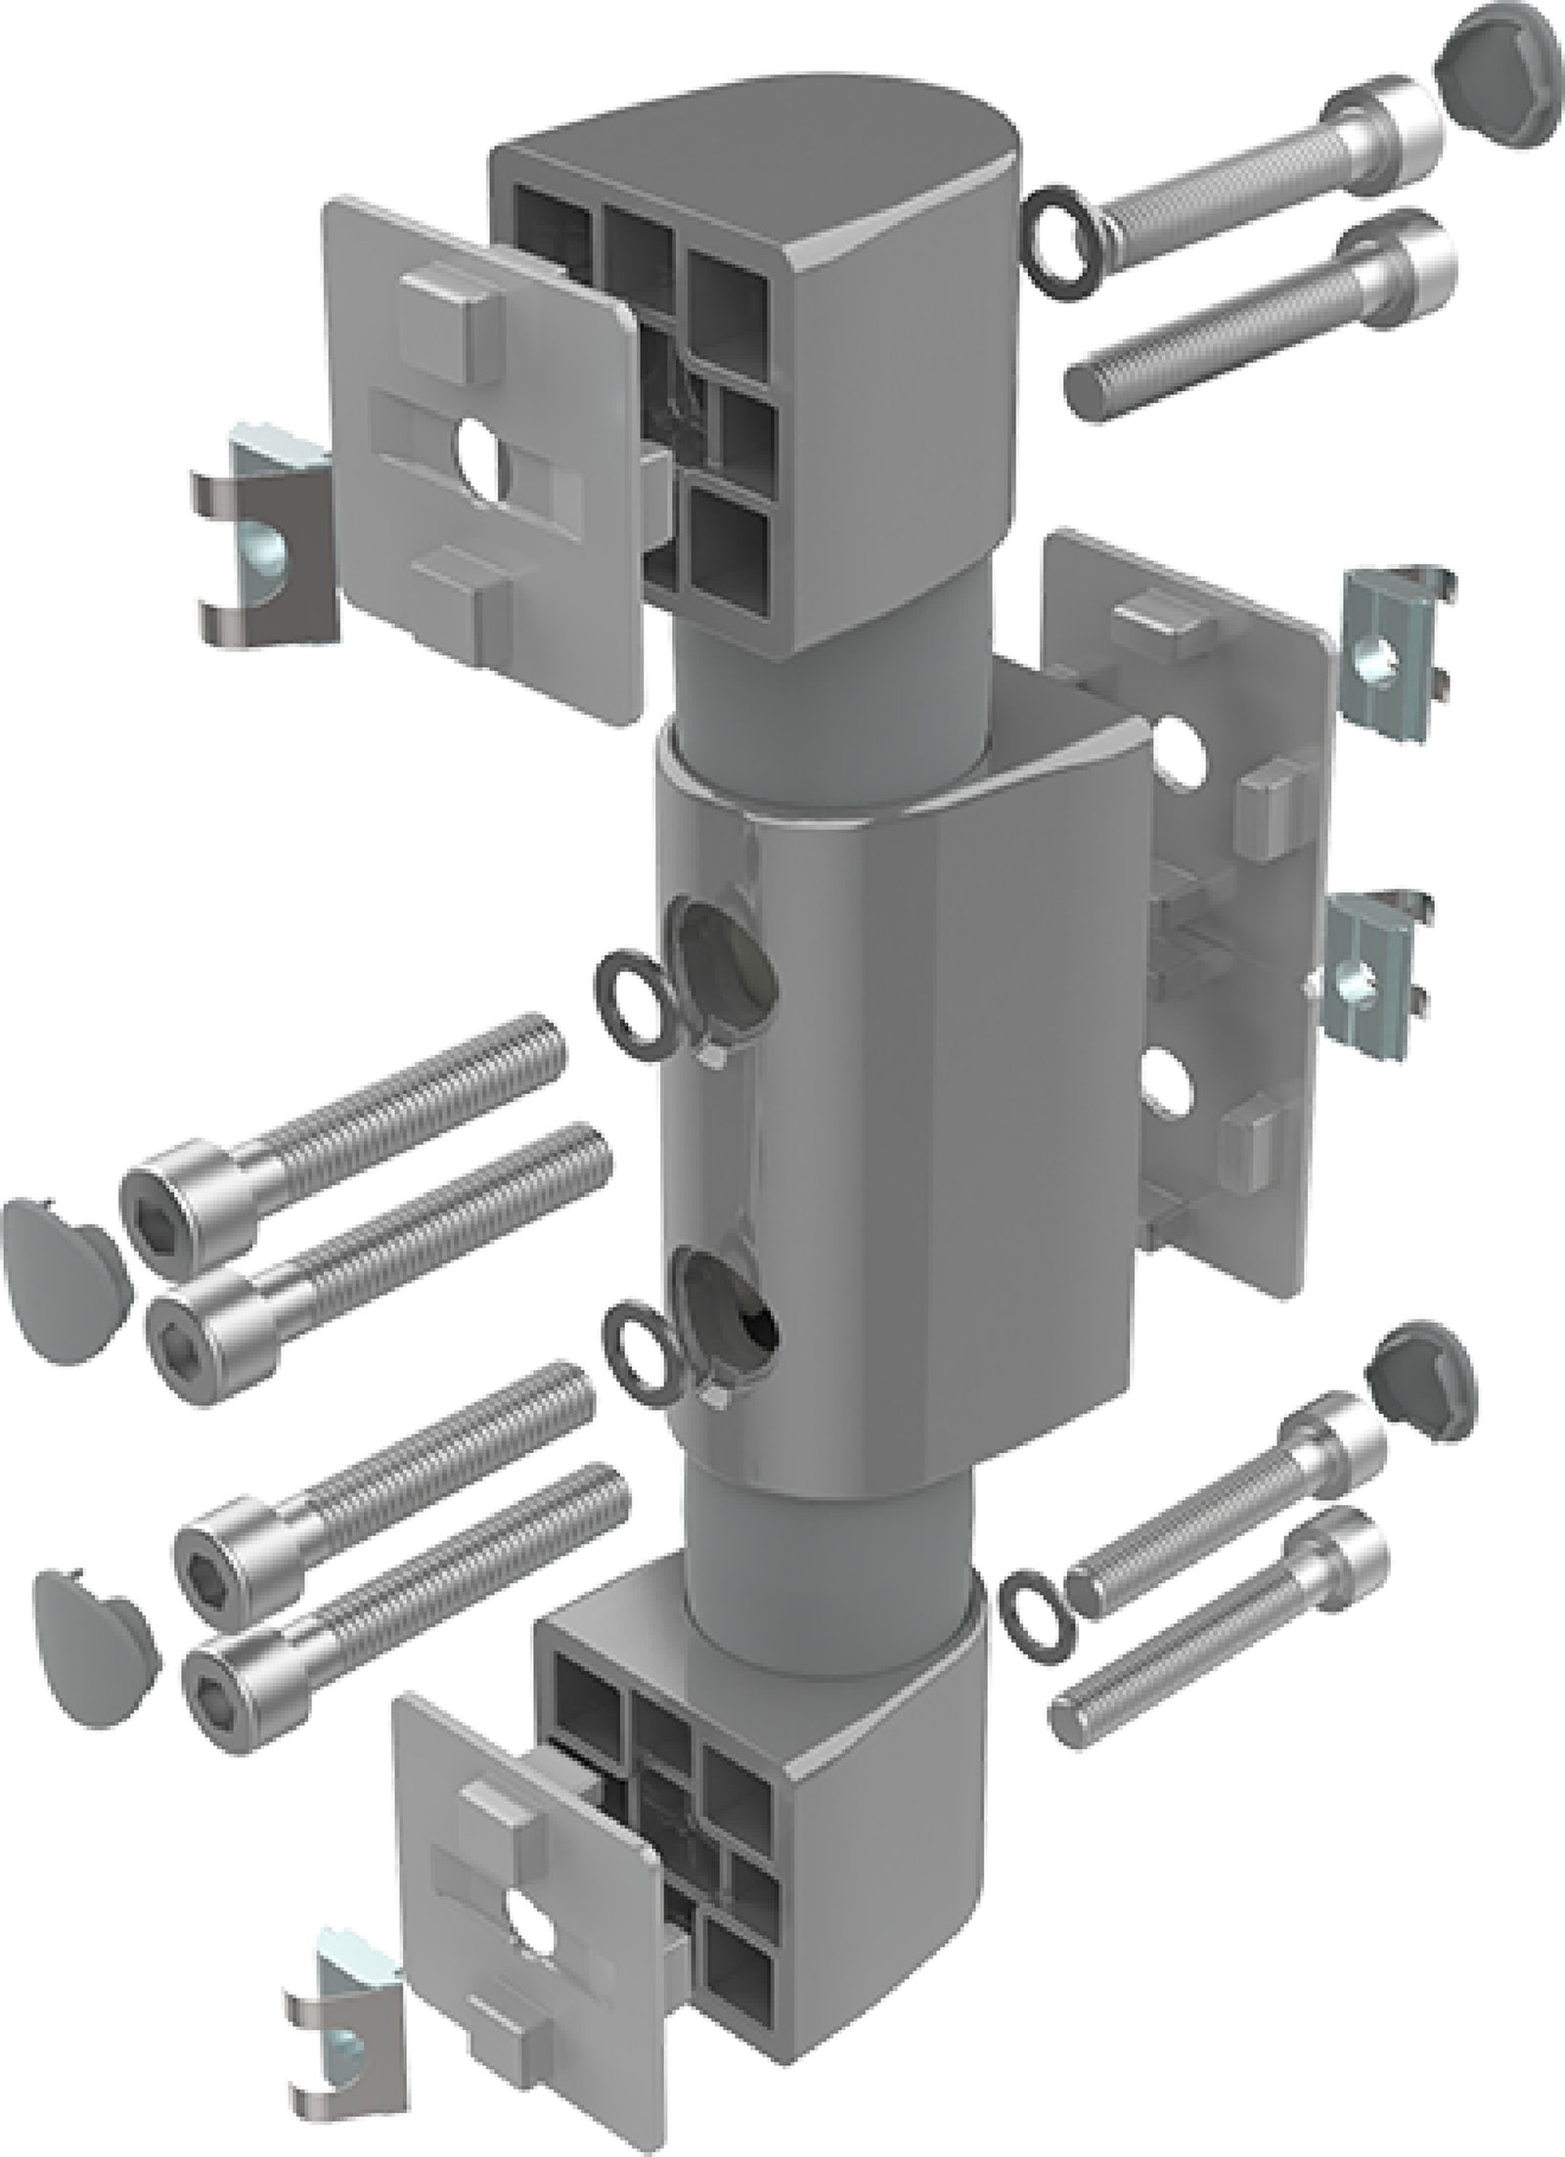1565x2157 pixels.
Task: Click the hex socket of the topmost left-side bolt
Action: pos(159,1204)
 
